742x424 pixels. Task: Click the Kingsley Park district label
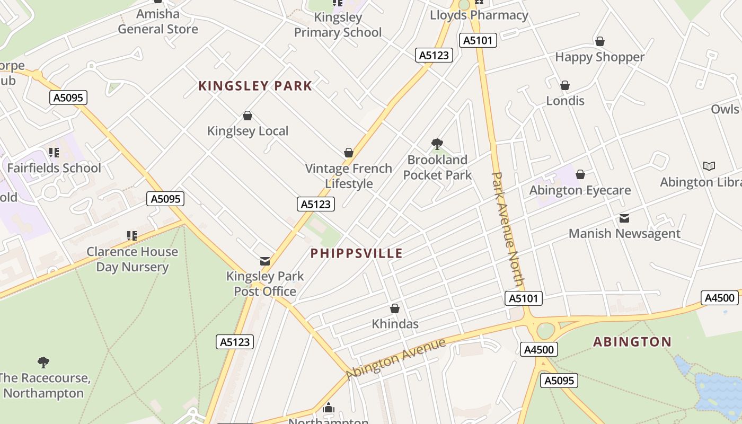click(x=255, y=86)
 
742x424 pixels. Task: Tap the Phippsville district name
click(x=356, y=253)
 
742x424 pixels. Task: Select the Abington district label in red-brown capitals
click(x=632, y=342)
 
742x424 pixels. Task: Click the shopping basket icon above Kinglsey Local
click(x=247, y=116)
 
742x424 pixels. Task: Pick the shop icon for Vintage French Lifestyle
click(x=348, y=153)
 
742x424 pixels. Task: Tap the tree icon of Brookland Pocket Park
click(x=437, y=144)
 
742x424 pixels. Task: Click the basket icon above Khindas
click(x=394, y=308)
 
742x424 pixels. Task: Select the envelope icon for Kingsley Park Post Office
click(x=264, y=261)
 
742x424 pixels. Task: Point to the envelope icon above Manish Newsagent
click(x=624, y=218)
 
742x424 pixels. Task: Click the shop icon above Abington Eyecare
click(x=580, y=174)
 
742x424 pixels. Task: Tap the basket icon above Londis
click(x=565, y=85)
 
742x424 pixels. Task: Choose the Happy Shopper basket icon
click(x=600, y=41)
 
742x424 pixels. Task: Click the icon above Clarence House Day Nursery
click(x=131, y=235)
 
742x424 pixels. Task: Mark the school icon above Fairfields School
click(x=54, y=153)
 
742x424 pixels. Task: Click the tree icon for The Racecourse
click(x=43, y=363)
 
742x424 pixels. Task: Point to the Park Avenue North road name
click(x=508, y=229)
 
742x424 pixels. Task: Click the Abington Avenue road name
click(x=395, y=359)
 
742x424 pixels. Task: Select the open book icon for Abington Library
click(x=709, y=166)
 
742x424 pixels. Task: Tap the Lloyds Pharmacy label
click(x=479, y=15)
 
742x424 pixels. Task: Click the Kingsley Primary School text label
click(x=338, y=25)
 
